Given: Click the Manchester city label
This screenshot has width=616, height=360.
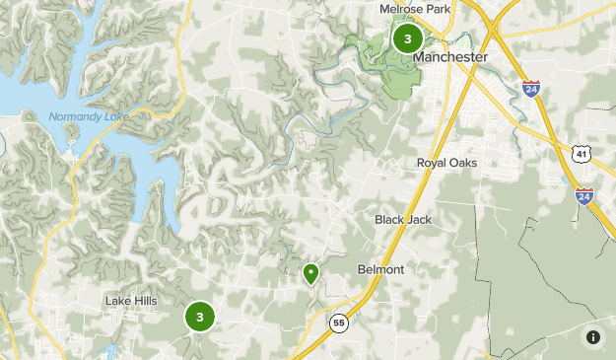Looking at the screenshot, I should (x=450, y=58).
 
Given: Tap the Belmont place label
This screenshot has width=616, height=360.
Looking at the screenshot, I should (x=380, y=269).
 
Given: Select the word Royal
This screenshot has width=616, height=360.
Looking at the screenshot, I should (x=434, y=163).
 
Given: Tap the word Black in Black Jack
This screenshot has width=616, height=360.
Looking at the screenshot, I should (x=390, y=219).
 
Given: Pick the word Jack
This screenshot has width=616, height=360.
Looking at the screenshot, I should (x=420, y=219).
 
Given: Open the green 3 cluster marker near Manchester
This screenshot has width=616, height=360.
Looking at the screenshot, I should (x=407, y=38).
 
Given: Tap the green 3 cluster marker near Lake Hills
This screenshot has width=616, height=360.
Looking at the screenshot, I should (x=199, y=317).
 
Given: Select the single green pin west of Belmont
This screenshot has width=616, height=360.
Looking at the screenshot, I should (x=311, y=273).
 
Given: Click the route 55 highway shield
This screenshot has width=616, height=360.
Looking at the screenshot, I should (x=339, y=323).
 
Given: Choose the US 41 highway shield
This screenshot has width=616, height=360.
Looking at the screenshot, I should (x=582, y=153).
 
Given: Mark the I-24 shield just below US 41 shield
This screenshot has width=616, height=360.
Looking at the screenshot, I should (x=584, y=195).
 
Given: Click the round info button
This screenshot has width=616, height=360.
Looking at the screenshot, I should (x=593, y=337).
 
